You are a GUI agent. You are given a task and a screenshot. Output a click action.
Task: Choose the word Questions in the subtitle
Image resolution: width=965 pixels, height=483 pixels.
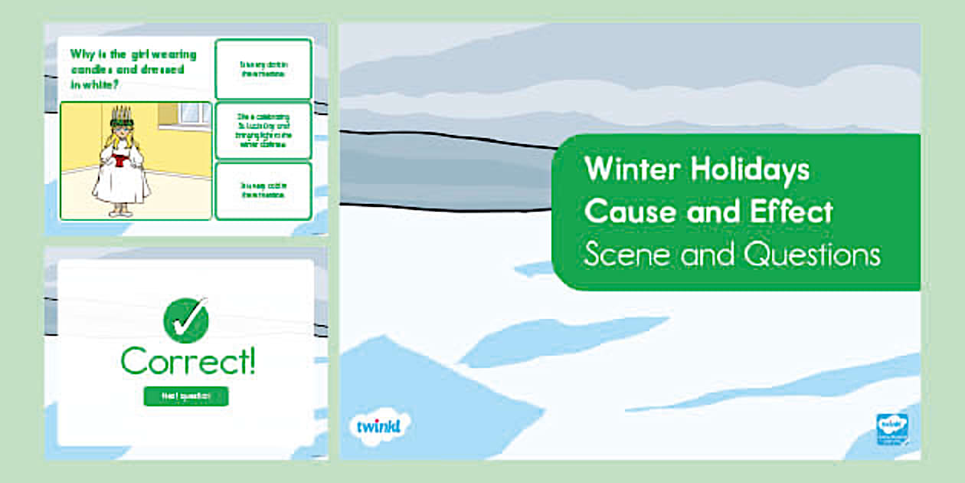click(x=812, y=256)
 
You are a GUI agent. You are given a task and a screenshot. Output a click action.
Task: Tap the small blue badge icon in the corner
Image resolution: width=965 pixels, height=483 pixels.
click(x=892, y=429)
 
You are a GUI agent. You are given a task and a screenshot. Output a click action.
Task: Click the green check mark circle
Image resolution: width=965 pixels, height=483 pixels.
click(x=186, y=320)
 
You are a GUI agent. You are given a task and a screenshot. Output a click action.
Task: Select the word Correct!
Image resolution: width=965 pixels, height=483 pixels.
click(x=188, y=362)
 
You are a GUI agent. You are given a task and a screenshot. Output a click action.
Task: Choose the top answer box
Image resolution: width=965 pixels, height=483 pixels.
click(x=263, y=69)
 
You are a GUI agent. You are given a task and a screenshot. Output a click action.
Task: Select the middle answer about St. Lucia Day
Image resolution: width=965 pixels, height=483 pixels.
click(x=263, y=130)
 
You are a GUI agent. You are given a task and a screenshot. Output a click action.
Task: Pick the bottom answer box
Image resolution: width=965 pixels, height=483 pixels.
click(x=263, y=190)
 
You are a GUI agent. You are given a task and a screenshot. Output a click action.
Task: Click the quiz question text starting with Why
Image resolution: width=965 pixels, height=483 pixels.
click(x=133, y=69)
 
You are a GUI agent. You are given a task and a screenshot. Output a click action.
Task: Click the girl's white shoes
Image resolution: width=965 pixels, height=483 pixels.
click(x=122, y=212)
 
